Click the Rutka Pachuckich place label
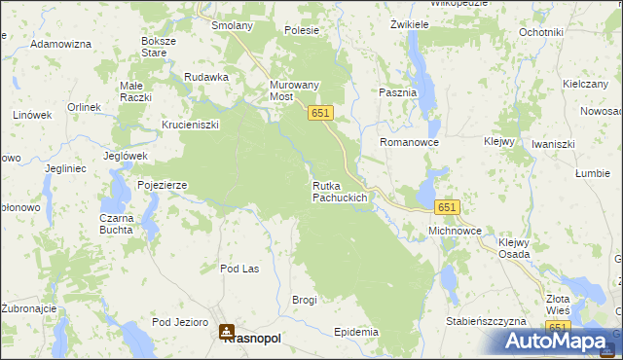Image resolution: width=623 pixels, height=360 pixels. (339, 192)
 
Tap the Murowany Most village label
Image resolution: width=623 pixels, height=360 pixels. (294, 91)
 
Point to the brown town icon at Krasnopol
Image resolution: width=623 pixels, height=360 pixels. (227, 331)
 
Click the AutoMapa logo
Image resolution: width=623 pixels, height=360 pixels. (558, 341)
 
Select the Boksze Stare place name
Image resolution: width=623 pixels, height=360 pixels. (159, 47)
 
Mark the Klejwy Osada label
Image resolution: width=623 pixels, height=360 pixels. (514, 248)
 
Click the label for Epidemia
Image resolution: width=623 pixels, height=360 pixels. (355, 332)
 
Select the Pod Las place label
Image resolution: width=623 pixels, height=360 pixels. (239, 269)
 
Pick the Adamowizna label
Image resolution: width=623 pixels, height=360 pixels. (60, 45)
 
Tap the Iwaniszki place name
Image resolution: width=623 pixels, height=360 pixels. (553, 144)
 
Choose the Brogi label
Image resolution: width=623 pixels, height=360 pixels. (305, 300)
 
